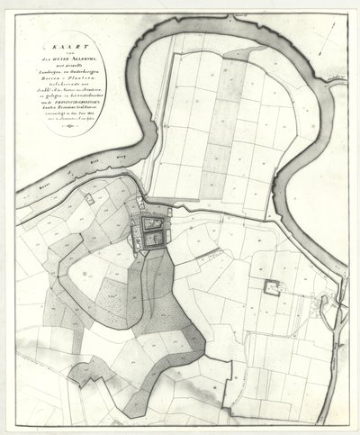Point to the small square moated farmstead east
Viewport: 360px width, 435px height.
269,289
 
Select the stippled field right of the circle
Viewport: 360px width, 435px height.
110,290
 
